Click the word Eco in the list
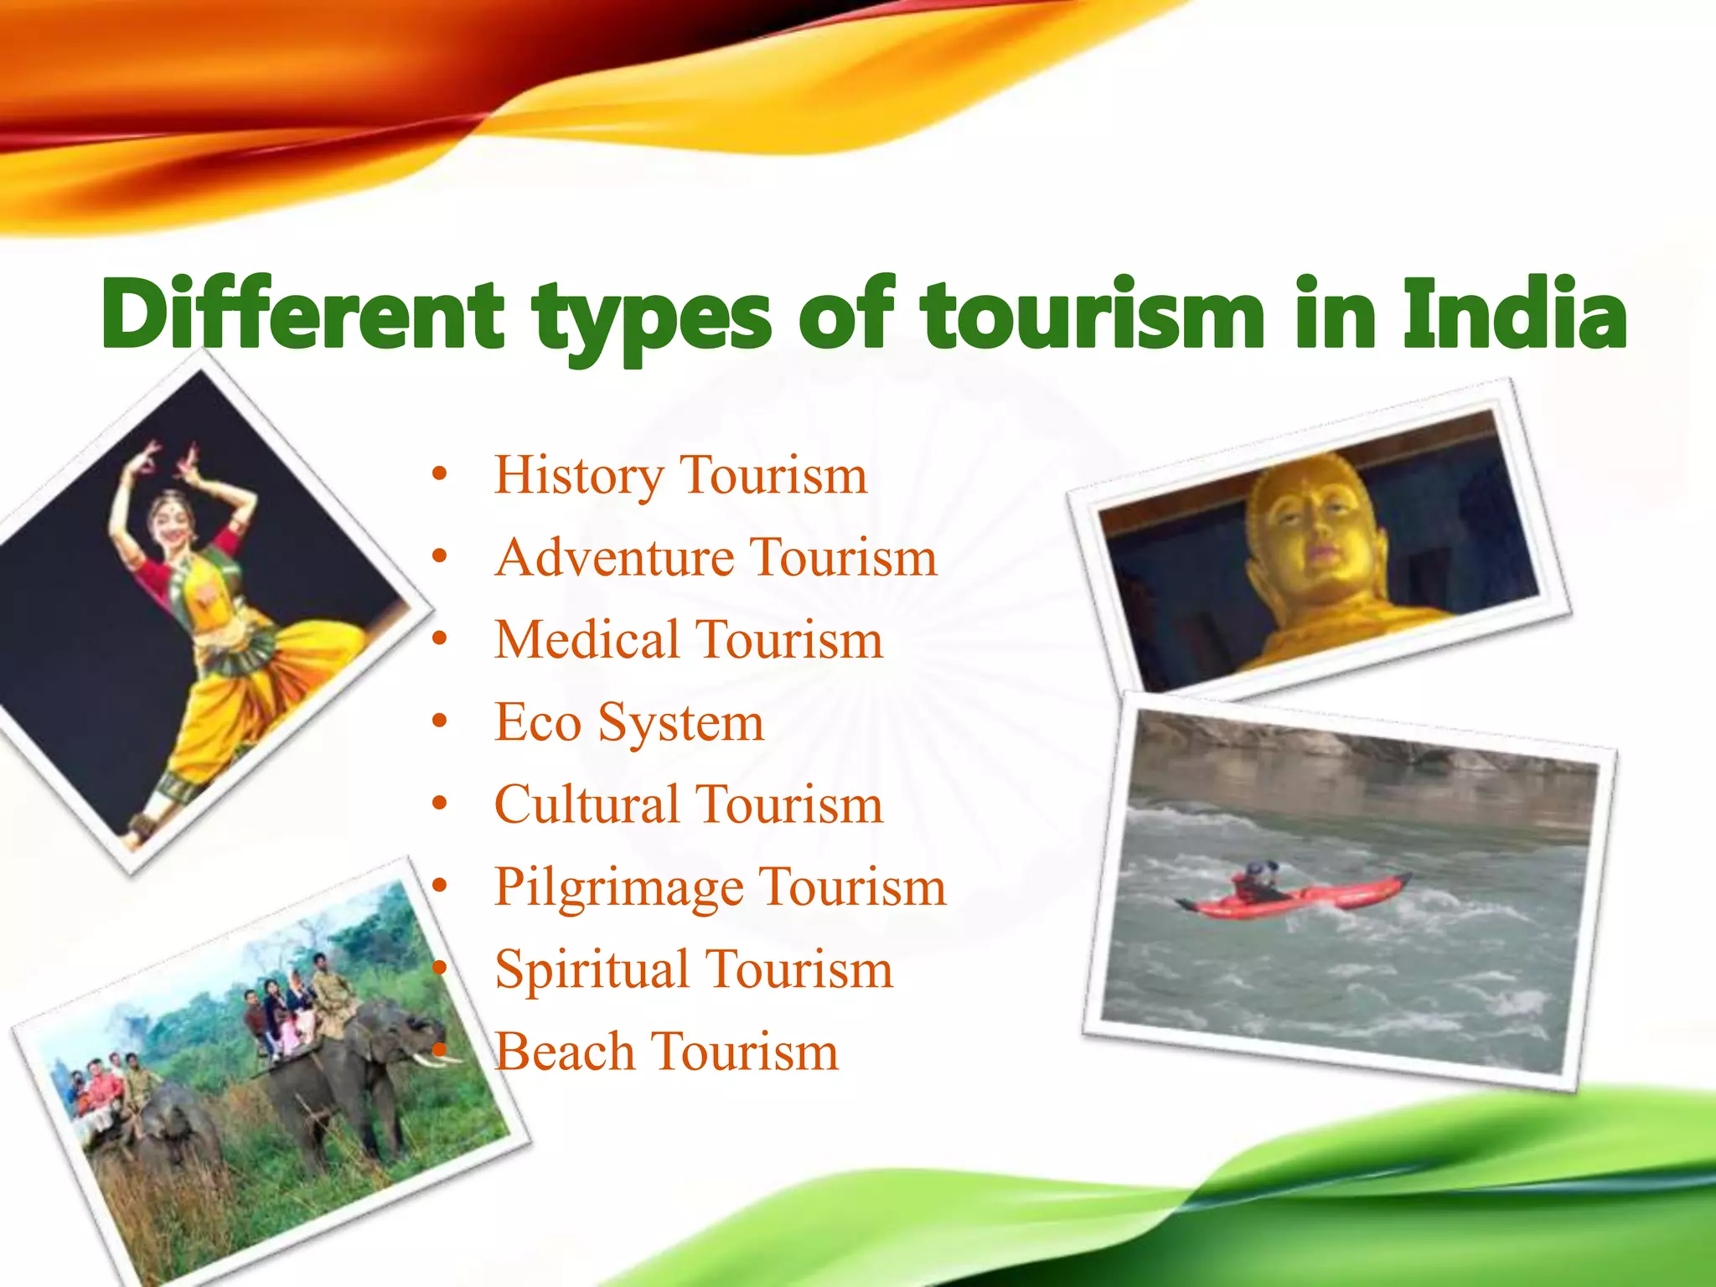tap(537, 722)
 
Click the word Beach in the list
tap(565, 1052)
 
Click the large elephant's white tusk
tap(436, 1060)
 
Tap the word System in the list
tap(680, 722)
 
